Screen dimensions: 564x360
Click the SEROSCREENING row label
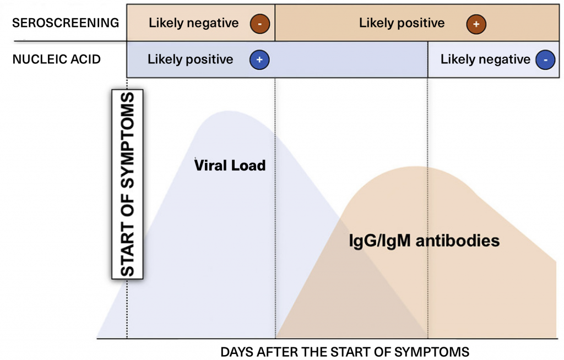tap(66, 23)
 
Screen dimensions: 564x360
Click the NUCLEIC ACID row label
tap(57, 59)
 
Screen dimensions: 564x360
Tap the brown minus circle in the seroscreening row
tap(260, 24)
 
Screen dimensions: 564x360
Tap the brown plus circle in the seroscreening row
tap(476, 24)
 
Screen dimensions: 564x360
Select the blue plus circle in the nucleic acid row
tap(259, 59)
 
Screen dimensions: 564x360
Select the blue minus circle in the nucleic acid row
tap(545, 59)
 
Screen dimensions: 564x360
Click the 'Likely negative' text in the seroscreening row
tap(193, 23)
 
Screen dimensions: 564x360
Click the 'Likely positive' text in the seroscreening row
tap(402, 23)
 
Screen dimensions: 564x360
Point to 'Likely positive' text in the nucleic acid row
tap(190, 59)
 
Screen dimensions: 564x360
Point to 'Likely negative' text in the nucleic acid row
tap(485, 59)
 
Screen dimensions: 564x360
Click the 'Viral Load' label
tap(230, 166)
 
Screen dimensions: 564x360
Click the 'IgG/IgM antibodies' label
tap(424, 241)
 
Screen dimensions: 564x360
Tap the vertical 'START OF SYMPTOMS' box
tap(127, 184)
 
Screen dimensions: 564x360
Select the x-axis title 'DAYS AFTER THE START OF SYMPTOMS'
tap(345, 352)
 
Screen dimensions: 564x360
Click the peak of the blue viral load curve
tap(228, 111)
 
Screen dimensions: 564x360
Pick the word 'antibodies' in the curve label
tap(458, 241)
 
